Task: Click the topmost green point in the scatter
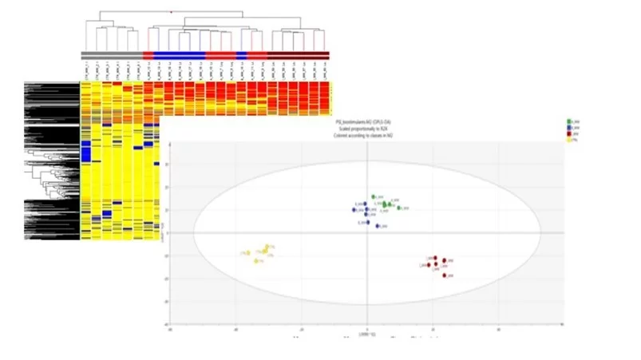click(373, 196)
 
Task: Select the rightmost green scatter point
click(399, 208)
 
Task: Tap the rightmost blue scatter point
click(377, 227)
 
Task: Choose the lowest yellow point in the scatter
click(256, 261)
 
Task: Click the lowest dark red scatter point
click(445, 275)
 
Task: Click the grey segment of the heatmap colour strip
click(111, 54)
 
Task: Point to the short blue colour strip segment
click(242, 54)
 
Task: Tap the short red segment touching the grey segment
click(147, 54)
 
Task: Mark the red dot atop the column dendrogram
click(170, 12)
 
